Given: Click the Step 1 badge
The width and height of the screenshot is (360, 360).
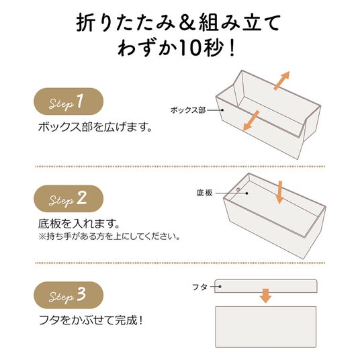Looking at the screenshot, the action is (69, 101).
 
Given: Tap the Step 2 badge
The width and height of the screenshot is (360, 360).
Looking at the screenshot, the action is (69, 199).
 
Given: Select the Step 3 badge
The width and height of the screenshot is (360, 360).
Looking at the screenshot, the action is (69, 296).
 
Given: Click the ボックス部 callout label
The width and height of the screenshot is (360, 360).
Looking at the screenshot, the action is (188, 110).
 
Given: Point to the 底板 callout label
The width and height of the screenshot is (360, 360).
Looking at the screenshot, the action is (204, 193).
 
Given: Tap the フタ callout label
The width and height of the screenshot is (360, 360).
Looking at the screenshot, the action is (199, 287).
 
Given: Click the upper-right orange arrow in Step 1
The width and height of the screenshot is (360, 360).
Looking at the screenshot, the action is (281, 81).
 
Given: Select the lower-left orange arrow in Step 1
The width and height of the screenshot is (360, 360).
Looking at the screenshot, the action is (251, 120).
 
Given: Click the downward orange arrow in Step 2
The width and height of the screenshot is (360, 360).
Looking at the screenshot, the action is (279, 192).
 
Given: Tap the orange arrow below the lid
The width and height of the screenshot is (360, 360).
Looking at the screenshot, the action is (266, 296).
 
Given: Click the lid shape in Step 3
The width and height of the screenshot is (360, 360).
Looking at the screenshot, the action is (266, 286).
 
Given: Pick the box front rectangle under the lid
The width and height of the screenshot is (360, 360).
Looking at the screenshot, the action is (266, 327).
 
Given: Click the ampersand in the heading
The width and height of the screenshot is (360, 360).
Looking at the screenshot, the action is (187, 23).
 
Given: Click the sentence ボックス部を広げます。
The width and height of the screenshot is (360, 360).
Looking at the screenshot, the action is (95, 127).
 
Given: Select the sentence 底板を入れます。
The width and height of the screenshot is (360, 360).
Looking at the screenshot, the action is (79, 224).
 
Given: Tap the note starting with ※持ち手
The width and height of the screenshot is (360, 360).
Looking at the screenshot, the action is (109, 236).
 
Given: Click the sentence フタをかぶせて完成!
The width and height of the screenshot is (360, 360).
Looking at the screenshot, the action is (91, 320).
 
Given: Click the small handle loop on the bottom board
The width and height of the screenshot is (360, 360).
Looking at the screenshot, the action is (238, 189).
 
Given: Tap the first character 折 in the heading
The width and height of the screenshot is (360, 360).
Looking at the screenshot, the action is (85, 23).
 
